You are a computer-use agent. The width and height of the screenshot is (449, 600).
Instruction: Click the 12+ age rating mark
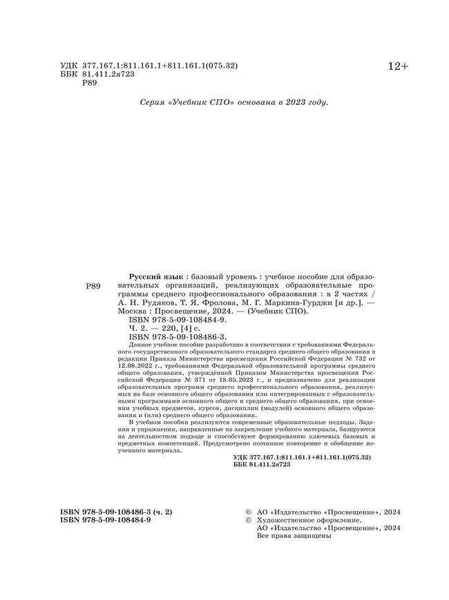(x=398, y=66)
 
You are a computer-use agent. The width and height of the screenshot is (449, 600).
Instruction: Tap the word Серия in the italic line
(x=152, y=102)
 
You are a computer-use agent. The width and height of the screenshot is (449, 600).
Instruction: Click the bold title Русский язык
(x=153, y=275)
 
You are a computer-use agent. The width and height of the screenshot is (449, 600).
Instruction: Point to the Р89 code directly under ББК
(x=90, y=83)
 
